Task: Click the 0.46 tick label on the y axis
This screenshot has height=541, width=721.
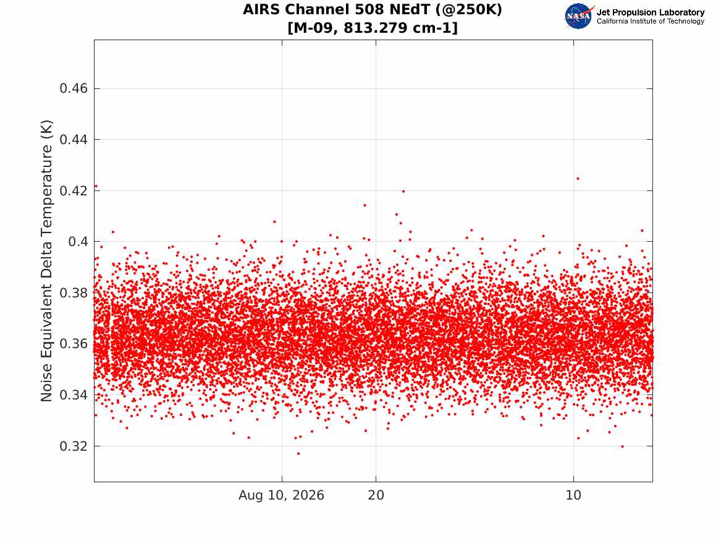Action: pos(74,88)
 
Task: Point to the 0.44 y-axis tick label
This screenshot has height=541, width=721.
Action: pos(74,139)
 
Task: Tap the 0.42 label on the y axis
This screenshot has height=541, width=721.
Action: pos(74,190)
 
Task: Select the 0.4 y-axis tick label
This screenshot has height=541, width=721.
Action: pos(78,242)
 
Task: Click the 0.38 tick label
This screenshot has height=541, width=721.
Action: pos(74,292)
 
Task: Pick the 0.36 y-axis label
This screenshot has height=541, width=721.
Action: pos(74,344)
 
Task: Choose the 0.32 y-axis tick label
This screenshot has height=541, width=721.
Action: pos(74,446)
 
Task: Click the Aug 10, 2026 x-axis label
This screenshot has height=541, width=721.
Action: pos(281,495)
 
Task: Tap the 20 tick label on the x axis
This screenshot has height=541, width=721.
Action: pos(376,495)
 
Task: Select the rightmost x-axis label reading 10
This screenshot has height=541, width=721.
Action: pos(573,495)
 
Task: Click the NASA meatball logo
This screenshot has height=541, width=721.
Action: pos(579,16)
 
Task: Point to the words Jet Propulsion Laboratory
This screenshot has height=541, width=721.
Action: pos(651,12)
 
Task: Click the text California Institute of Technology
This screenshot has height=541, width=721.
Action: pos(651,21)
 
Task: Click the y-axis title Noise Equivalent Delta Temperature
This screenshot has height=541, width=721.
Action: pos(46,261)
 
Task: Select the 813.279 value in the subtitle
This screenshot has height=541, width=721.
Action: pos(375,28)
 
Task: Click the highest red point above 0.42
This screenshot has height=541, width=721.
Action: pos(578,179)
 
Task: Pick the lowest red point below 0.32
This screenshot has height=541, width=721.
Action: pos(298,454)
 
